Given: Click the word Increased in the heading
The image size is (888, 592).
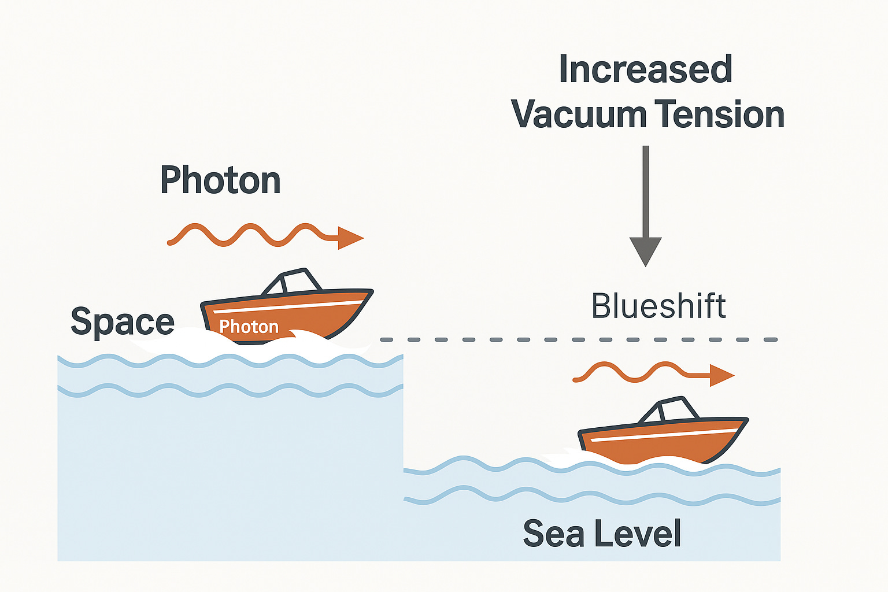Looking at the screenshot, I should click(645, 69).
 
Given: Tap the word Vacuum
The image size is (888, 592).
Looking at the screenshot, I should click(578, 114).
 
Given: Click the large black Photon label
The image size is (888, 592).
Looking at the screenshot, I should click(220, 180).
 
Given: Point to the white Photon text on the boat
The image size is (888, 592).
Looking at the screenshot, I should click(249, 327).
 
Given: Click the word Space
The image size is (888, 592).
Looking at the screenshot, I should click(122, 321).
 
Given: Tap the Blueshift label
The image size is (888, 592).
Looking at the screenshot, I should click(658, 306).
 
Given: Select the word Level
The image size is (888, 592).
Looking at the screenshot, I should click(639, 533).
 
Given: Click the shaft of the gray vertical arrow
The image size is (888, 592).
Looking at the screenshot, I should click(645, 191).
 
